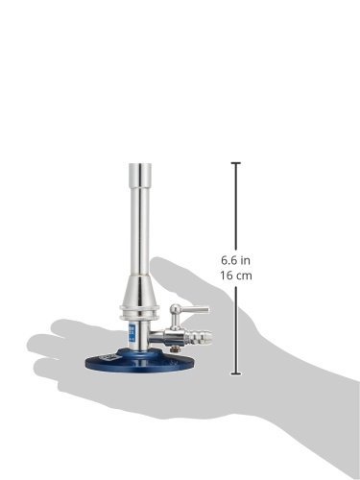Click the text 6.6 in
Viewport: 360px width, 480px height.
pos(235,260)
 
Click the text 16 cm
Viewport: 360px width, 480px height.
pos(236,276)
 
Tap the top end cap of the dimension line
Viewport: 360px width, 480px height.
pos(236,163)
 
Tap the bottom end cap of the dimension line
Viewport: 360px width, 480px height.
pos(236,373)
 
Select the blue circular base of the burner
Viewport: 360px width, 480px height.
pos(139,360)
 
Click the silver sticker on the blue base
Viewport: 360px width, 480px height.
pos(105,357)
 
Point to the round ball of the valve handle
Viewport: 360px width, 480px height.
pos(175,309)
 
